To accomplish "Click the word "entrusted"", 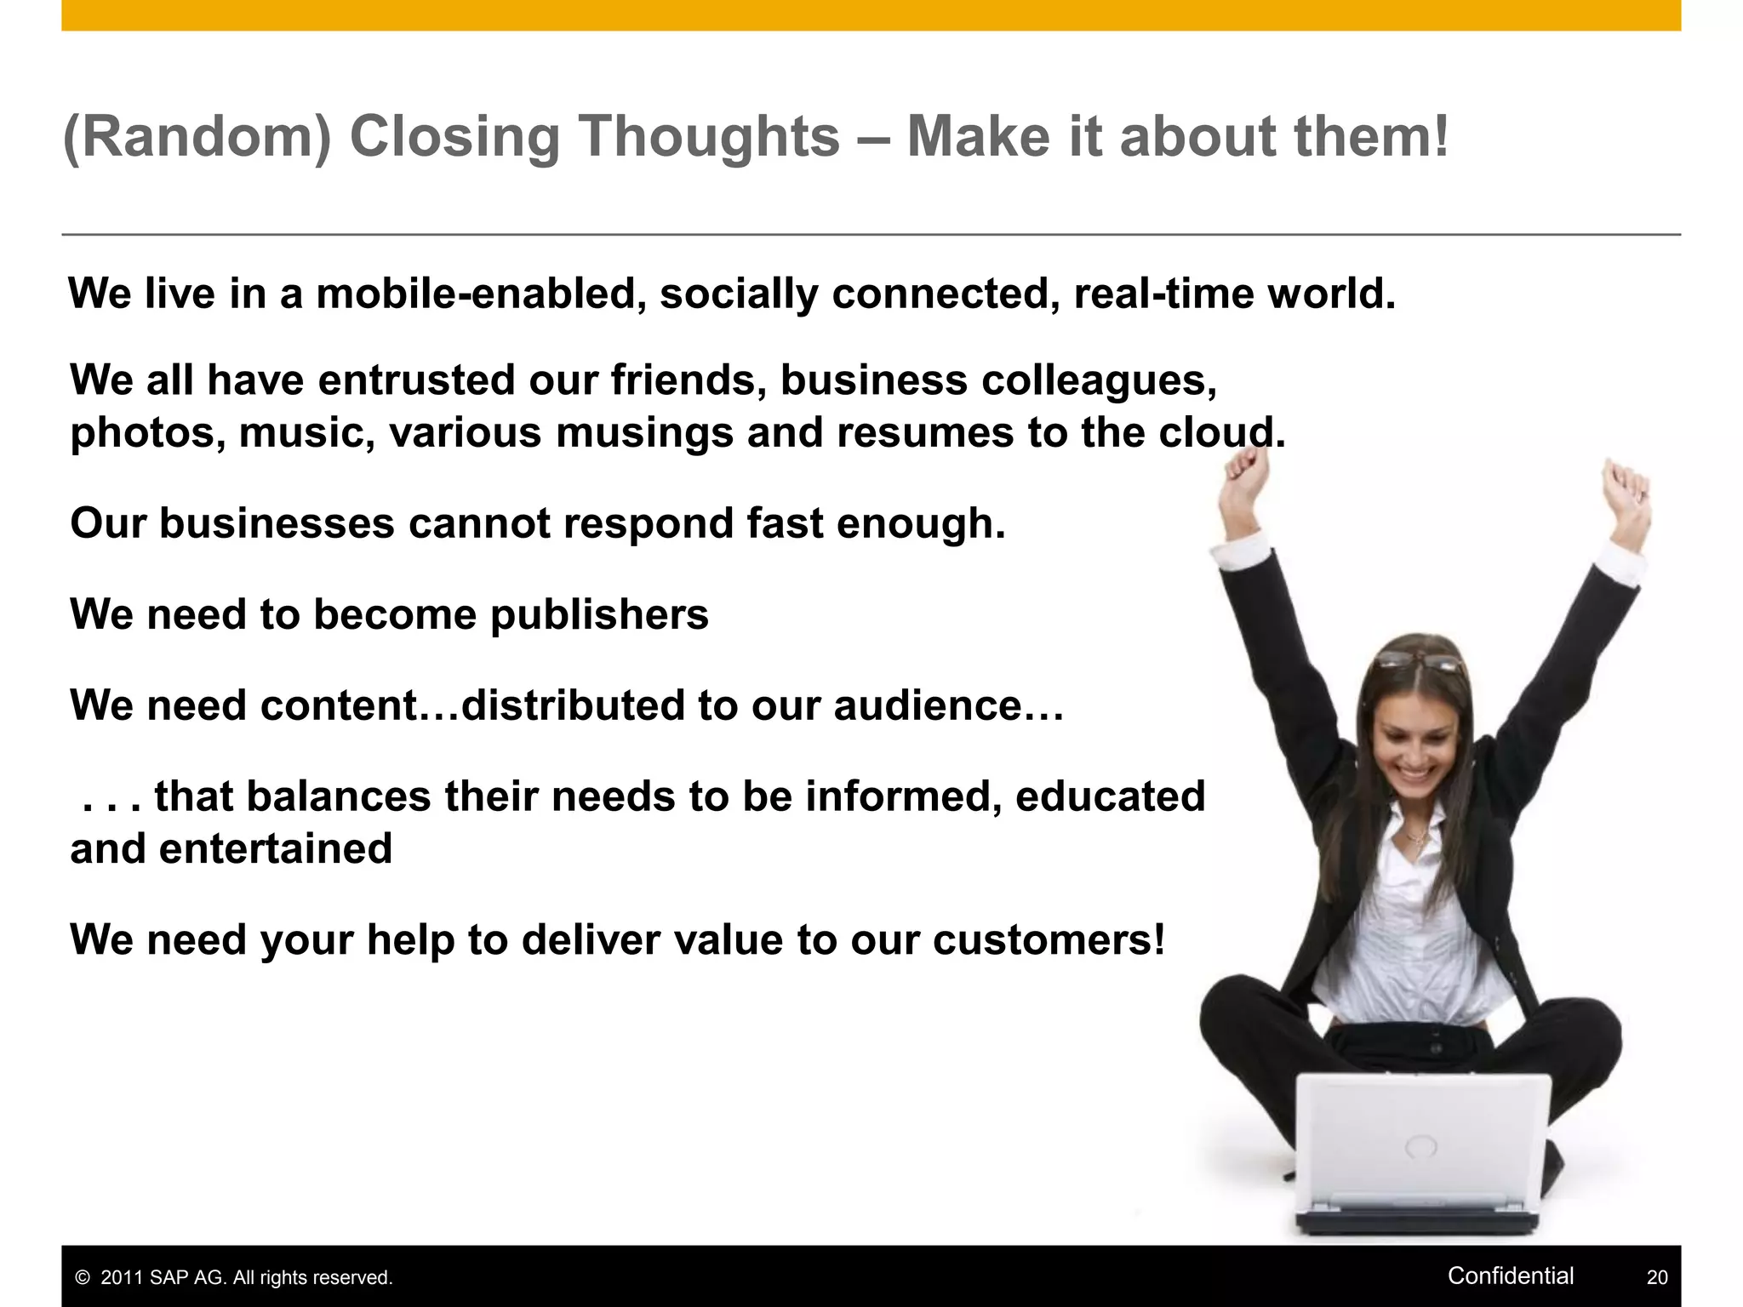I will point(416,380).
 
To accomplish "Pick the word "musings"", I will point(643,432).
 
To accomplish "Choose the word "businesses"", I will point(277,522).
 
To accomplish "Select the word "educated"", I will point(1110,796).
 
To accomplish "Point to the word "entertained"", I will point(276,848).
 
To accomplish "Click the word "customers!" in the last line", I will point(1049,940).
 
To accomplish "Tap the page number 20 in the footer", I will point(1657,1277).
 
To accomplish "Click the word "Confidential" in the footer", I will point(1511,1276).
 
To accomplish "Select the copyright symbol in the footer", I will point(83,1278).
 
